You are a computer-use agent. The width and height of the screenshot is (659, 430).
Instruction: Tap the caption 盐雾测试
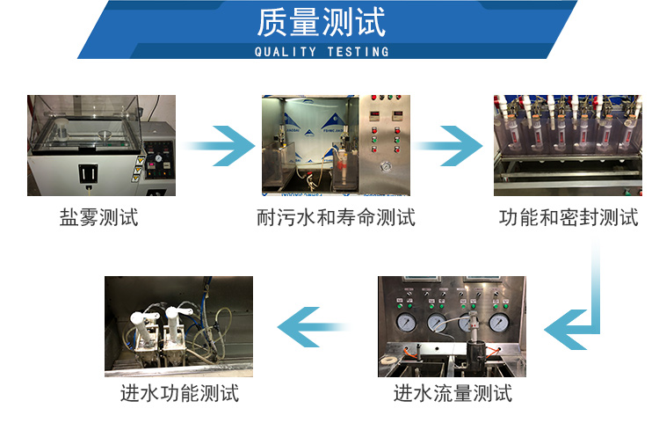click(x=98, y=217)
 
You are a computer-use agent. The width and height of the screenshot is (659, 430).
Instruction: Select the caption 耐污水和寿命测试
click(x=336, y=217)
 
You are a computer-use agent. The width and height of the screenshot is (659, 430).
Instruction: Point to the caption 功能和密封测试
click(x=568, y=217)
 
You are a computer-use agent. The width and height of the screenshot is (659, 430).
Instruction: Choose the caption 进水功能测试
click(x=179, y=392)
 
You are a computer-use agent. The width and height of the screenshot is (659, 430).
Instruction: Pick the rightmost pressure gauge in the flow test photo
click(x=499, y=323)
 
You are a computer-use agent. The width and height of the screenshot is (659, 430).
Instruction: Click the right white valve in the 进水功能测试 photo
click(x=183, y=318)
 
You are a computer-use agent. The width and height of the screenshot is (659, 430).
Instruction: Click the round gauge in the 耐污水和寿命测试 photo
click(x=384, y=166)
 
